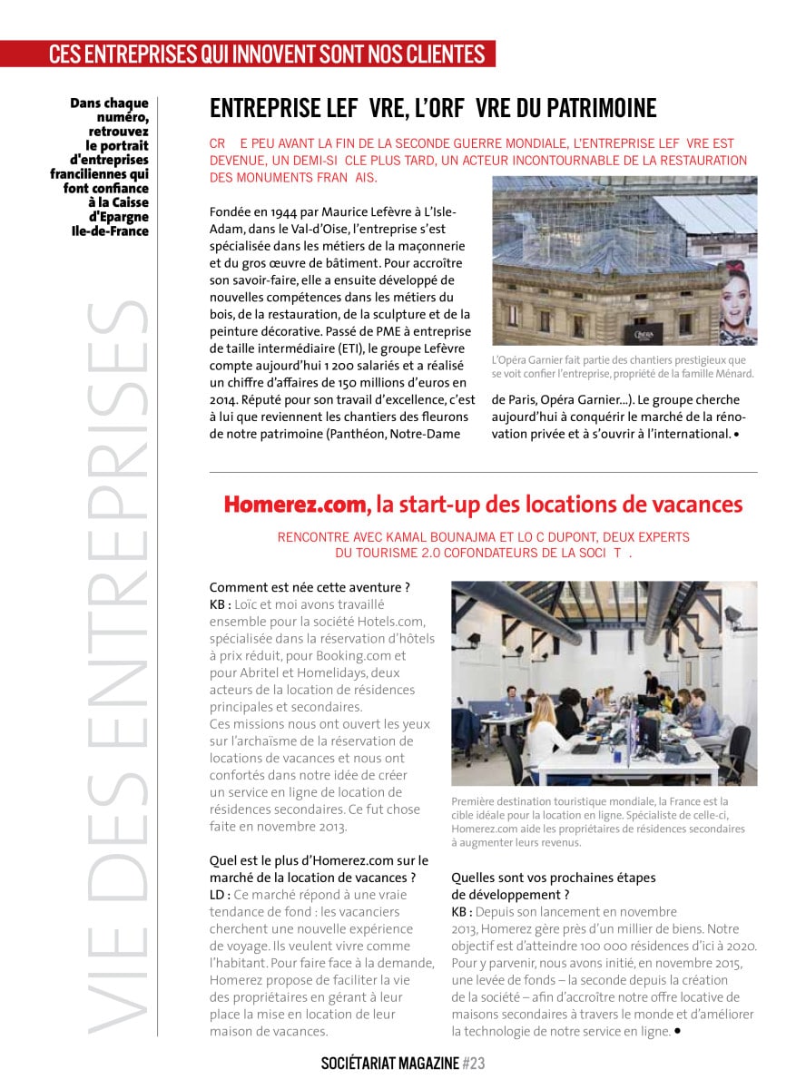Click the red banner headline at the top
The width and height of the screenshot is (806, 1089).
(x=267, y=54)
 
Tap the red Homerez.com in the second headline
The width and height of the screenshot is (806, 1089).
(x=296, y=505)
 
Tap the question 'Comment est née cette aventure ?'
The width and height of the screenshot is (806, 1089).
(x=310, y=587)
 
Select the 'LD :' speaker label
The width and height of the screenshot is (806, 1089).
(x=221, y=894)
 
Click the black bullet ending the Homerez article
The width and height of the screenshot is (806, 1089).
(x=677, y=1032)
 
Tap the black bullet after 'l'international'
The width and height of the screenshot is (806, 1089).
(x=736, y=434)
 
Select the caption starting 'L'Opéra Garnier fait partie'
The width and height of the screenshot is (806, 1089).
(x=623, y=367)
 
